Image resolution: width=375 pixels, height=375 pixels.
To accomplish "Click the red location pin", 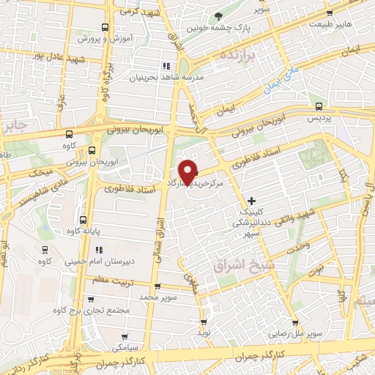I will (x=188, y=171).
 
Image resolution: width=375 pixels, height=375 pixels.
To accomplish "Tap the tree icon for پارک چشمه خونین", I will (x=217, y=16).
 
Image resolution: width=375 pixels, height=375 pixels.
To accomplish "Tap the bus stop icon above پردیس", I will (x=313, y=103).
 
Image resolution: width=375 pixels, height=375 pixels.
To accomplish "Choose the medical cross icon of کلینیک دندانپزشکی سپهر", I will (x=252, y=199).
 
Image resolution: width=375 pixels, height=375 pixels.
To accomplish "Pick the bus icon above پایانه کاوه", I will (x=81, y=219).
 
